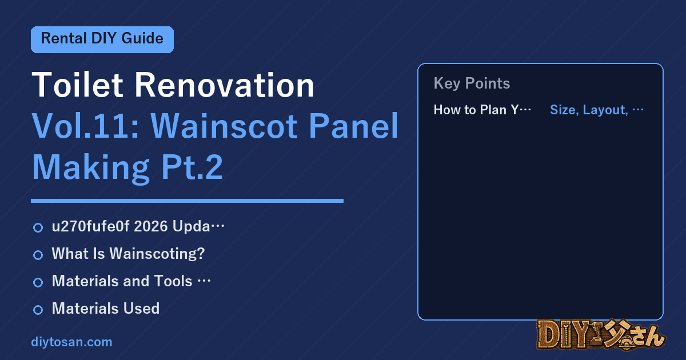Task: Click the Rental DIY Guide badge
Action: [x=102, y=39]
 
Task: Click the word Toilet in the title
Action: [x=77, y=85]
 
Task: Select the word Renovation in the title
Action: [x=225, y=85]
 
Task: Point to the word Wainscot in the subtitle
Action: [x=224, y=126]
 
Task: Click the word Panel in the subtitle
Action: [x=353, y=126]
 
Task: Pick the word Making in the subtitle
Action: [x=91, y=167]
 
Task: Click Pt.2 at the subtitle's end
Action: [x=192, y=167]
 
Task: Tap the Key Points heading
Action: [x=472, y=83]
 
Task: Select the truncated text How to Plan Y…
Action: [x=482, y=110]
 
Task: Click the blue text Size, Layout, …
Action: [x=597, y=110]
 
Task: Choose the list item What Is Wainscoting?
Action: [x=128, y=254]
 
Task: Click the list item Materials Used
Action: [x=106, y=308]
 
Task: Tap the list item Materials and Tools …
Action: [x=131, y=281]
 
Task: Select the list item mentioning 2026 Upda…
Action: [x=138, y=226]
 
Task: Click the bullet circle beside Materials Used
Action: [x=38, y=310]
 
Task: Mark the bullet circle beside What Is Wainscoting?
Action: [x=38, y=255]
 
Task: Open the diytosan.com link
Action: [x=71, y=342]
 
